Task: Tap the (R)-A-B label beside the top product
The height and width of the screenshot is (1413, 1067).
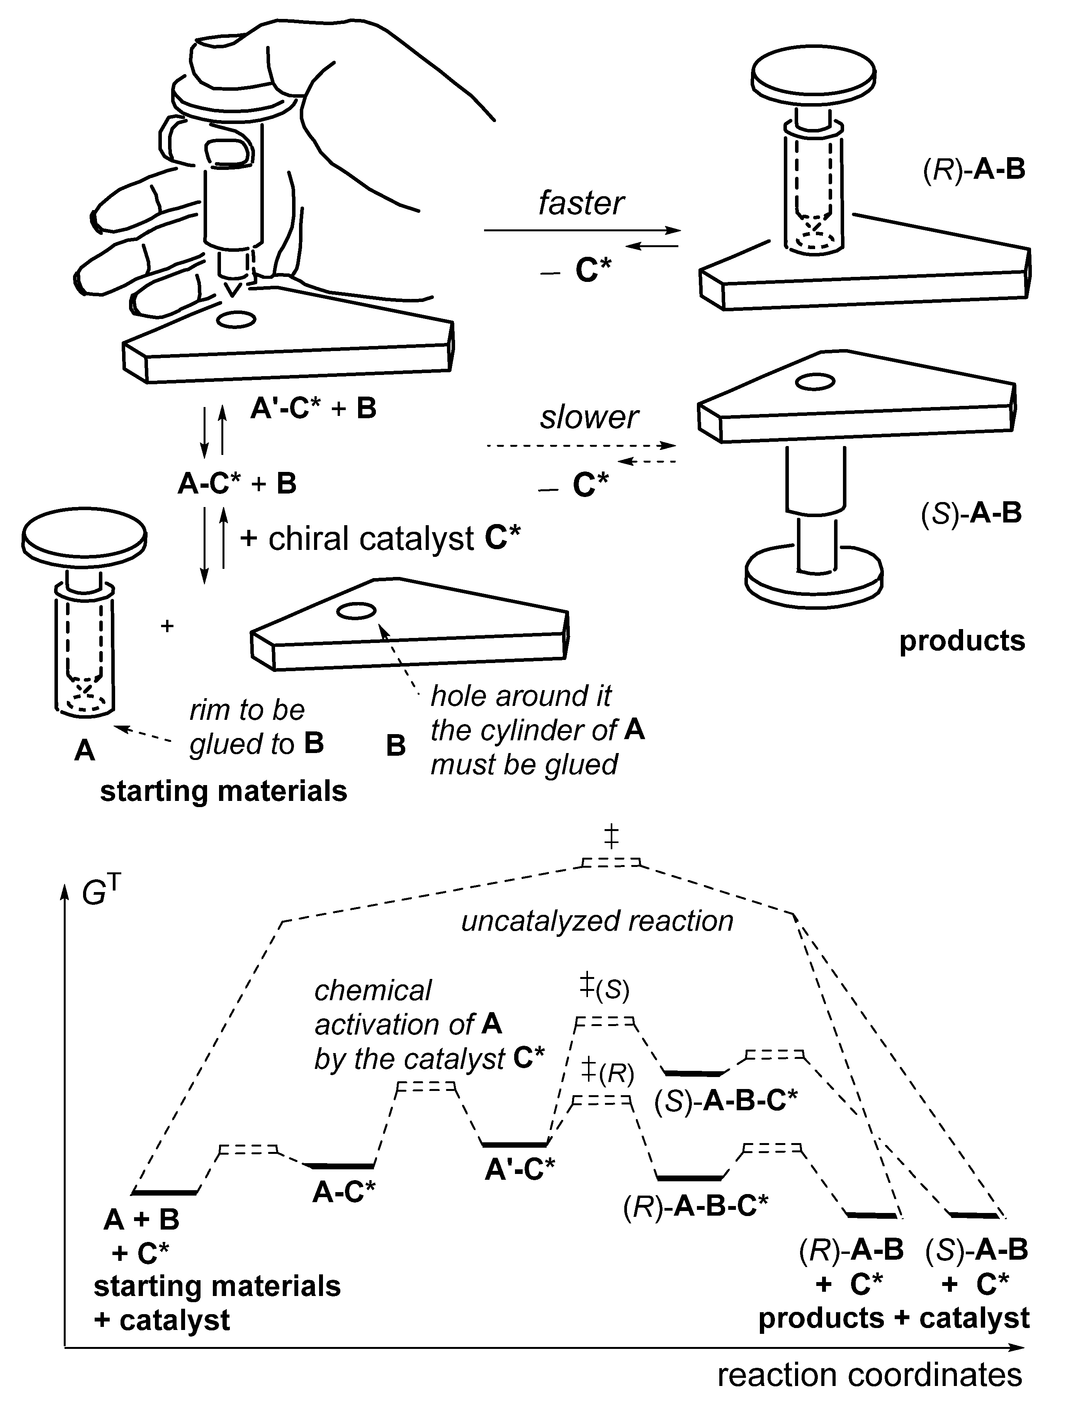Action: coord(974,171)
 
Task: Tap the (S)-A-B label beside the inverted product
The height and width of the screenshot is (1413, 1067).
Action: coord(971,513)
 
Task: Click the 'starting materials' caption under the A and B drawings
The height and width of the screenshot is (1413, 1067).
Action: coord(224,792)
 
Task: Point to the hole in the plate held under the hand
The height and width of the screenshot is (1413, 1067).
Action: coord(236,320)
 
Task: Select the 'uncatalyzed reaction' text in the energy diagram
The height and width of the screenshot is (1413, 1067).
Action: coord(597,921)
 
